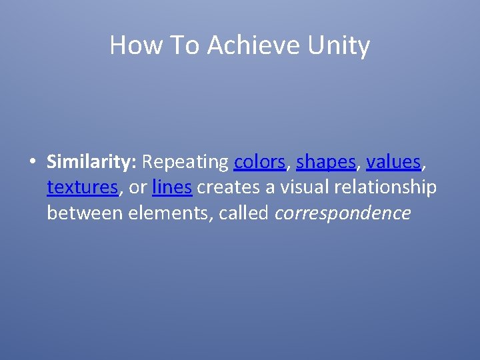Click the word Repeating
(x=185, y=162)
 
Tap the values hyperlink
(x=393, y=162)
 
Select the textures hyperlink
(x=83, y=188)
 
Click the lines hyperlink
(x=172, y=188)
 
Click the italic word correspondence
(x=343, y=214)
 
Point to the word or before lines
(x=137, y=189)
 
